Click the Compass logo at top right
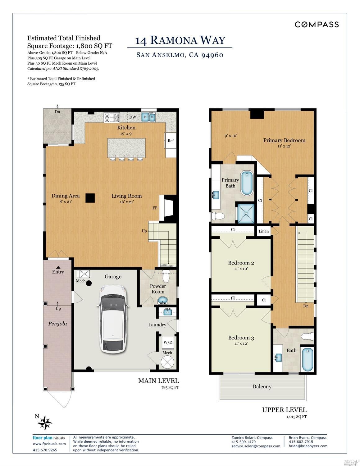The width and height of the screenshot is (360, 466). pos(317,25)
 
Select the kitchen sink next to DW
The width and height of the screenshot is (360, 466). pos(148,117)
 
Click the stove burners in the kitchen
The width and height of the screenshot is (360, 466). pos(112,118)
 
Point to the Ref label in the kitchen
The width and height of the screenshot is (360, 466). pos(171,141)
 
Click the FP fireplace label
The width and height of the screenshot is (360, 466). pos(155,208)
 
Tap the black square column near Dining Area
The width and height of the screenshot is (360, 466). pos(90,198)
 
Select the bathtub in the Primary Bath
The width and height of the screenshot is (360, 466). pos(247,183)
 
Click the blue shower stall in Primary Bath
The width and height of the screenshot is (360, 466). pos(246,213)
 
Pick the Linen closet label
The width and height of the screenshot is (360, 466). pos(264,231)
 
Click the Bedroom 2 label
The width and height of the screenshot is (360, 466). pos(241,263)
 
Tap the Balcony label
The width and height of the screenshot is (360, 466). pos(262,386)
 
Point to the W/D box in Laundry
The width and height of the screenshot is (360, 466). pos(168,342)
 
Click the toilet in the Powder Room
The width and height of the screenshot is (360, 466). pos(166,276)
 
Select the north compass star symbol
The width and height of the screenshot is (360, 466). pos(45,423)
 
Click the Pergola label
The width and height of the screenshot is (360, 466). pos(57,324)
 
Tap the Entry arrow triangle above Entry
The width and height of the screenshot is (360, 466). pos(58,267)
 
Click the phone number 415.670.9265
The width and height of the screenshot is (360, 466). pos(45,450)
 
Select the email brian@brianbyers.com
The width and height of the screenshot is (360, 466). pos(308,446)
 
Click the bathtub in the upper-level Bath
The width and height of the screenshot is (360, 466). pos(308,360)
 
